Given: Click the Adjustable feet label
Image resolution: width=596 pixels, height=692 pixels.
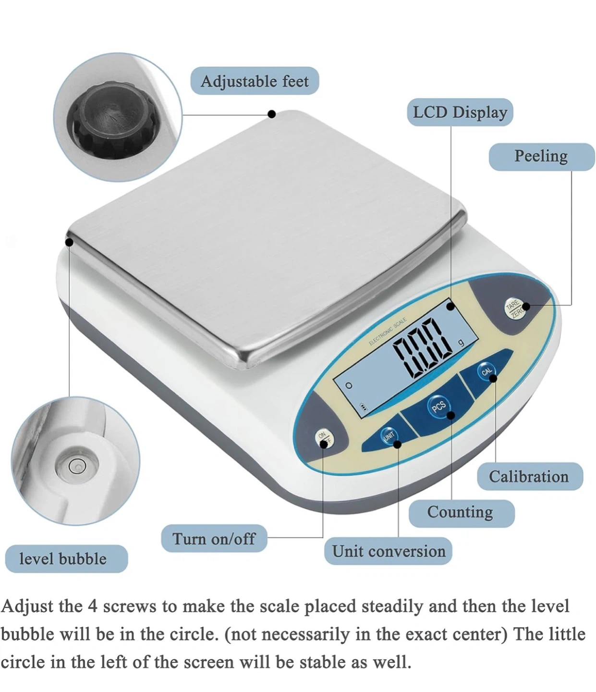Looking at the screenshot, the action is click(255, 81).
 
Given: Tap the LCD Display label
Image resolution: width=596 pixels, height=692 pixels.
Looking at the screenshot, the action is click(460, 112).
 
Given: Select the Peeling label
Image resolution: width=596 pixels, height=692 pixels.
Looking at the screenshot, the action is click(541, 157).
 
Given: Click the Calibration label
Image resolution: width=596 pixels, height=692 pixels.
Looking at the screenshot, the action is click(530, 476).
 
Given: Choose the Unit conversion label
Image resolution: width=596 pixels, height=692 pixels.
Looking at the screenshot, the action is click(388, 551).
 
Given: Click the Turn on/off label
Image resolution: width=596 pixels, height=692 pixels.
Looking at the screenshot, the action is click(214, 539).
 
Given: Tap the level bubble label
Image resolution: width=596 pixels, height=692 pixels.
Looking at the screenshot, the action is click(66, 559).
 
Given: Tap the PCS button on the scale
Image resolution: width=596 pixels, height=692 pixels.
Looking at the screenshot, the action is click(439, 407).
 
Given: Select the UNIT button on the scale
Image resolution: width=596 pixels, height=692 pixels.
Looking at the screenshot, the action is click(389, 435).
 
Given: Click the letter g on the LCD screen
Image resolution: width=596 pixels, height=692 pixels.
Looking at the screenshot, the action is click(462, 343).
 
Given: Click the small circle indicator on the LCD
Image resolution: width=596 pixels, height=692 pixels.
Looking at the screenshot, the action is click(349, 386).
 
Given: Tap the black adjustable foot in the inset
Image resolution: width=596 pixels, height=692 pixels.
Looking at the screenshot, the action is click(111, 120).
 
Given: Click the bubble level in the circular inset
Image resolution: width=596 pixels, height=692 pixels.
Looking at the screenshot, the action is click(77, 466).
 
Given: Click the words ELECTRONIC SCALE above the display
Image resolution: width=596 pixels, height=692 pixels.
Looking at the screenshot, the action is click(388, 332).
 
